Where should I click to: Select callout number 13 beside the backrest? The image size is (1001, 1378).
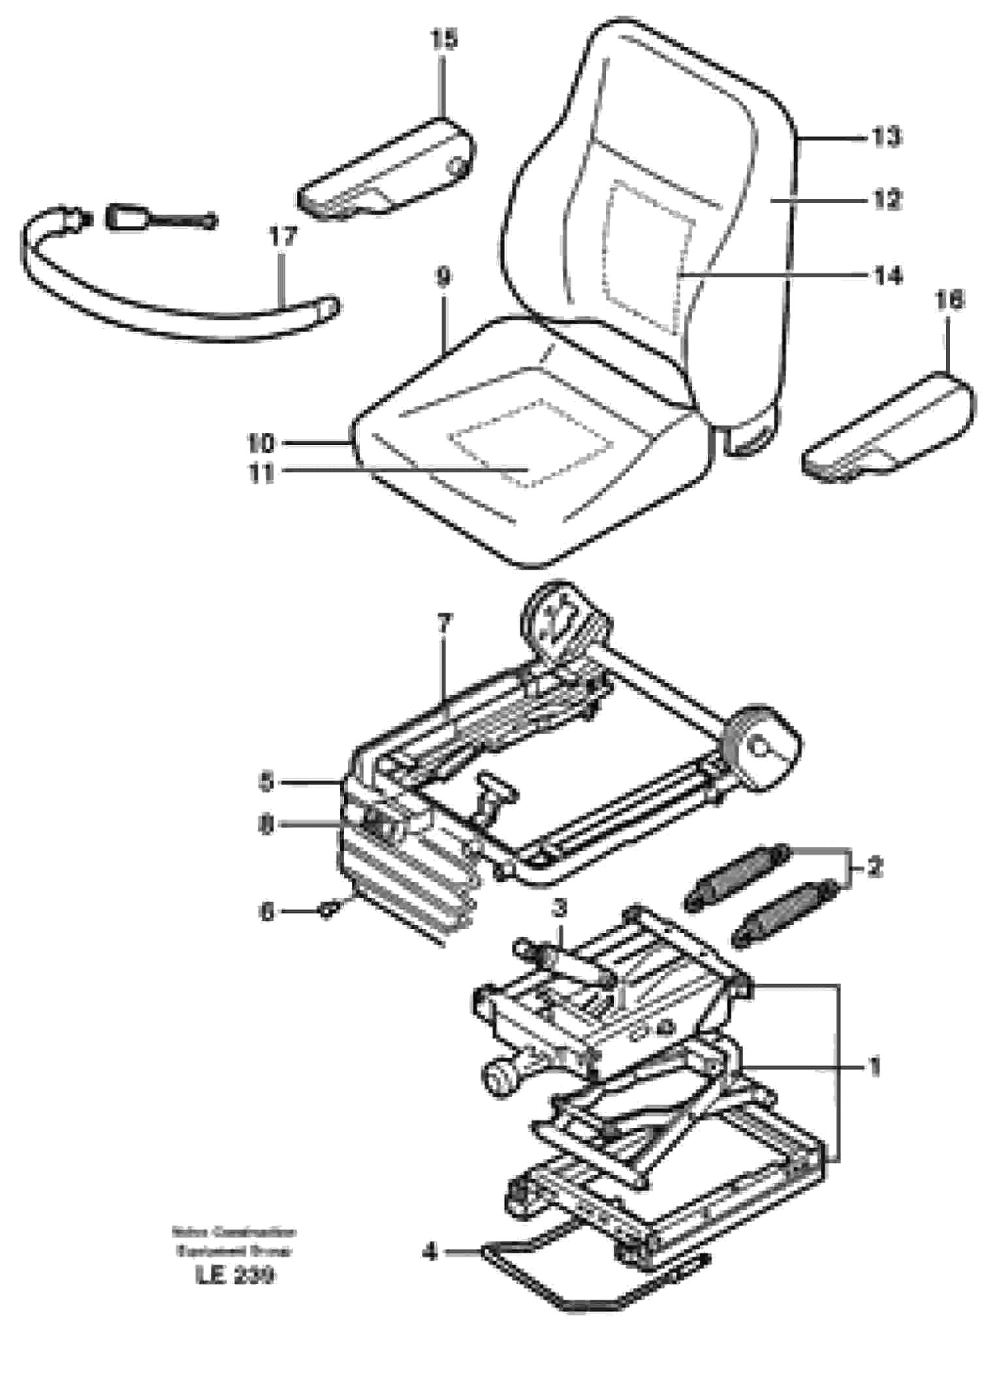pyautogui.click(x=887, y=137)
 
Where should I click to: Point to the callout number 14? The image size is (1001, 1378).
pyautogui.click(x=887, y=275)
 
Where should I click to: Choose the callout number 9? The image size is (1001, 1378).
pyautogui.click(x=443, y=278)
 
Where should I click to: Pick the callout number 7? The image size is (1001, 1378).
pyautogui.click(x=443, y=624)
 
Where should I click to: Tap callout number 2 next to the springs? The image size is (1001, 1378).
pyautogui.click(x=875, y=867)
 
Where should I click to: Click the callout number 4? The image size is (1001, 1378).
pyautogui.click(x=430, y=1252)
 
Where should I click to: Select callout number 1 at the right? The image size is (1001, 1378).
pyautogui.click(x=876, y=1068)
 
